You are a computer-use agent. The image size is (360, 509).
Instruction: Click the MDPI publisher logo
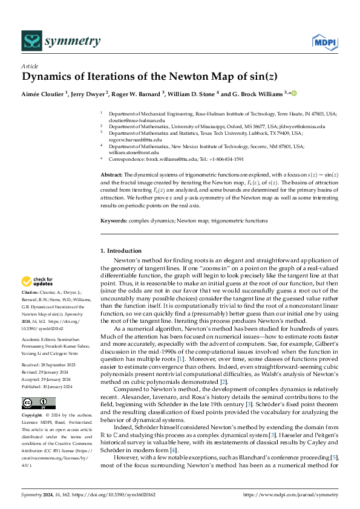(324, 42)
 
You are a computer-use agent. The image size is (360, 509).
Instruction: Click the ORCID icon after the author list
(295, 93)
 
